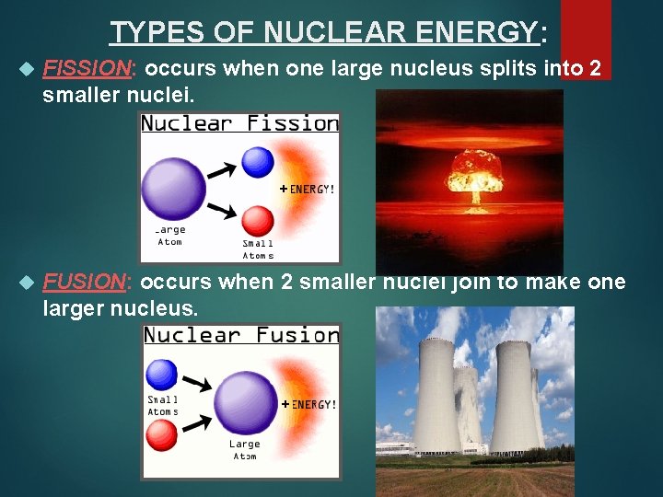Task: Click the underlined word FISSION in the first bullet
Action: pyautogui.click(x=89, y=69)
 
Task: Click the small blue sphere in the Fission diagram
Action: pyautogui.click(x=258, y=162)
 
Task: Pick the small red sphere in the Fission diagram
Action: pyautogui.click(x=258, y=221)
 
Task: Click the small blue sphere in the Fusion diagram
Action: pyautogui.click(x=163, y=375)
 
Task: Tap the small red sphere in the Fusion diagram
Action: pyautogui.click(x=163, y=434)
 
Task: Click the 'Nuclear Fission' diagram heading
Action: pyautogui.click(x=240, y=123)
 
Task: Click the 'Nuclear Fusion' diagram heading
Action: pyautogui.click(x=242, y=335)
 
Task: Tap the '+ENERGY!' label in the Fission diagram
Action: pyautogui.click(x=308, y=189)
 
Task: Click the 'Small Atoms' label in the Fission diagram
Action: pyautogui.click(x=258, y=249)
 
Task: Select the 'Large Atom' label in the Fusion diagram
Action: pyautogui.click(x=245, y=450)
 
